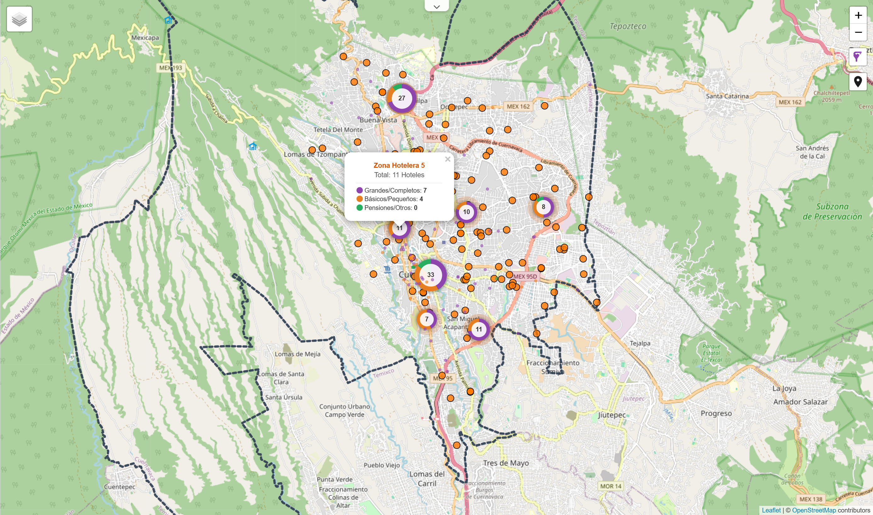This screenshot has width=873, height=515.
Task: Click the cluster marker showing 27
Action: [402, 98]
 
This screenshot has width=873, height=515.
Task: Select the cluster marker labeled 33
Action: [431, 275]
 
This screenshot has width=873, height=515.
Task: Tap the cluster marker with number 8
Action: [543, 207]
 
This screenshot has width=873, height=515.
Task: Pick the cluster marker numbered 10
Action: [466, 212]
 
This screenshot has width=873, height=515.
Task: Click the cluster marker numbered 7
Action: [427, 319]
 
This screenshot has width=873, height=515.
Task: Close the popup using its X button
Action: [448, 159]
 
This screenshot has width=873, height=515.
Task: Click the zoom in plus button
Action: [858, 15]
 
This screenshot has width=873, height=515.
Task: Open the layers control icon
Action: [20, 19]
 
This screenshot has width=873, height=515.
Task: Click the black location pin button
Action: [858, 82]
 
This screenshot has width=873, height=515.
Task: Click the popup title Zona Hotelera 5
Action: [399, 165]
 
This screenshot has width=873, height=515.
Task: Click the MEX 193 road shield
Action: [170, 68]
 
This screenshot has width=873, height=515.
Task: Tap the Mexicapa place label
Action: [145, 37]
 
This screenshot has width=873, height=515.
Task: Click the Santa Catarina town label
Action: [727, 96]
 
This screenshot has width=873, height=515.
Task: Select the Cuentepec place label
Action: [119, 487]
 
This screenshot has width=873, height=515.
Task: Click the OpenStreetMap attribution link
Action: [814, 510]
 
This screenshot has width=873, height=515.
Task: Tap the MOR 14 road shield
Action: [611, 486]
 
